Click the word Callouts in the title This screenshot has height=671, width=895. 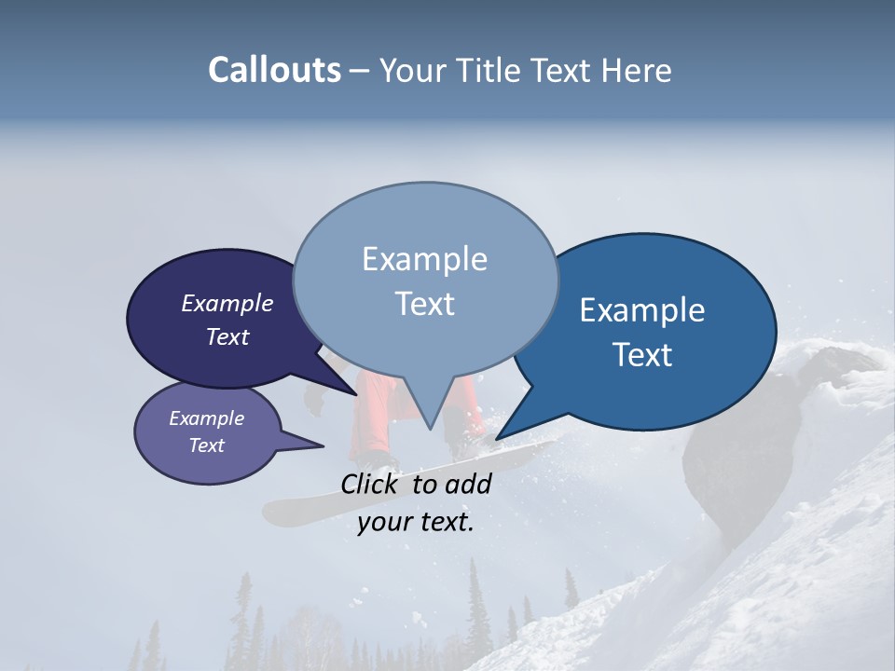(x=274, y=71)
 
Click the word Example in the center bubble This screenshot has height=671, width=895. (x=424, y=259)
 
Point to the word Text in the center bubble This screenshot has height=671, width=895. (x=425, y=303)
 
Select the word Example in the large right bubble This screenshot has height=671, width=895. (x=642, y=310)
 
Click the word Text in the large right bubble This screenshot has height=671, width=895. (x=643, y=354)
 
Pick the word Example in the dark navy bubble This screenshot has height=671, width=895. (x=227, y=303)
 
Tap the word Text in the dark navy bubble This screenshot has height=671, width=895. (x=227, y=336)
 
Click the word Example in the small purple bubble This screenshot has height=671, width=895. (x=206, y=418)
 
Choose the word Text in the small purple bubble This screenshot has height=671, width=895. (x=206, y=445)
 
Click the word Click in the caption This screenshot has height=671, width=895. (x=372, y=484)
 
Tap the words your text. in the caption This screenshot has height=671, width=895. (x=416, y=522)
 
